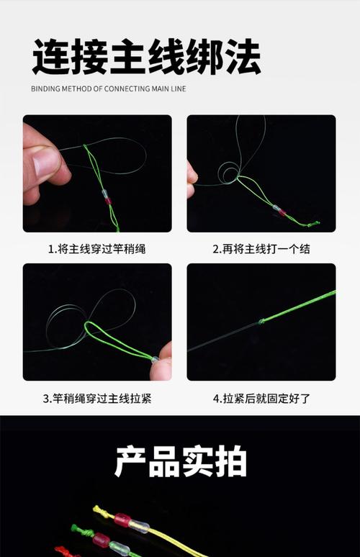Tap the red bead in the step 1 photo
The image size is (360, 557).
[109, 201]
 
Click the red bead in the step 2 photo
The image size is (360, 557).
[282, 212]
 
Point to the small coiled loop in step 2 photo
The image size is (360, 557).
[229, 173]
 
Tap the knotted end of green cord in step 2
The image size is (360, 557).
[313, 224]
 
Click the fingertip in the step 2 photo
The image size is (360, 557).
[192, 173]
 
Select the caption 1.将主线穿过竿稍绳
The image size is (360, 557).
[97, 249]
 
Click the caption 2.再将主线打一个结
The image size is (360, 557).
[261, 249]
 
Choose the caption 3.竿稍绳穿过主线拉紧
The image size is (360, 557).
[97, 398]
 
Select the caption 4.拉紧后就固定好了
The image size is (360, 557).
[261, 398]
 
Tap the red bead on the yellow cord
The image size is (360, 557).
[122, 520]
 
